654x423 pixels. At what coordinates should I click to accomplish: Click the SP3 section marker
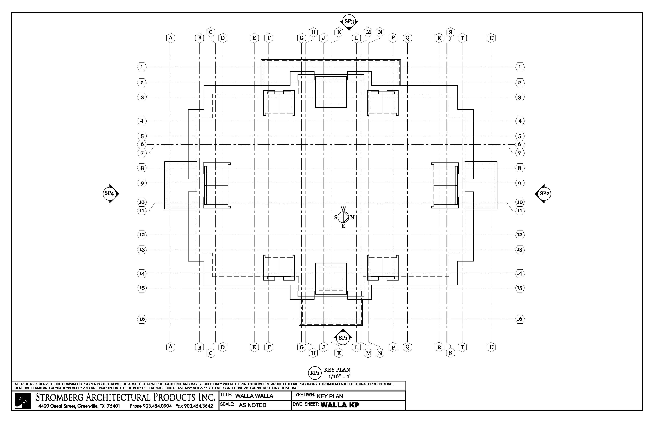point(349,21)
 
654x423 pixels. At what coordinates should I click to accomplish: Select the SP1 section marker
point(343,338)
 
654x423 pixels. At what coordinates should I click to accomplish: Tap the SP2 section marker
point(543,194)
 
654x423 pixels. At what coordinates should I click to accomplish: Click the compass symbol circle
point(343,217)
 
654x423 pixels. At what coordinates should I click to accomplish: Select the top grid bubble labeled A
point(171,38)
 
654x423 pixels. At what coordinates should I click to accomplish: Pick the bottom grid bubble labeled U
point(491,347)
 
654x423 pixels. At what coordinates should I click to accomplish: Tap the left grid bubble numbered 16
point(142,319)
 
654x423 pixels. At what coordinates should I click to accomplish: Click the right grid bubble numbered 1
point(520,67)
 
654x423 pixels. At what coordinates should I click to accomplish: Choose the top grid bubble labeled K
point(339,32)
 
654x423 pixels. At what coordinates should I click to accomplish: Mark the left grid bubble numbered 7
point(142,153)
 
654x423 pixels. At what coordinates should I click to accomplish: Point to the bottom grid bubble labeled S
point(450,353)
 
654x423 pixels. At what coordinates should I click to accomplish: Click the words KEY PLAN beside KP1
point(337,370)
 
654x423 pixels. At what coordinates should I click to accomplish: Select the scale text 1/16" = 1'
point(337,376)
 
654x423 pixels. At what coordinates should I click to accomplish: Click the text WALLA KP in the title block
point(340,405)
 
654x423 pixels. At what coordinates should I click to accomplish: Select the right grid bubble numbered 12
point(520,235)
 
